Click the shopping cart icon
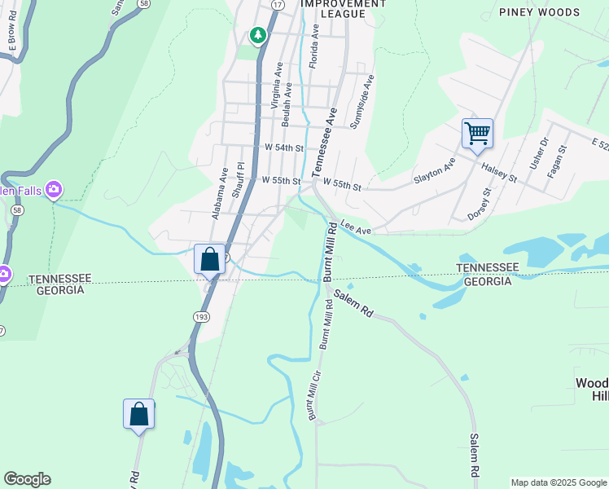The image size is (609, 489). tap(477, 132)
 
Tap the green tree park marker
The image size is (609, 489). tap(258, 34)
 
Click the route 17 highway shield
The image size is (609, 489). tap(278, 5)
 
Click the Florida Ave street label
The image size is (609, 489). tap(313, 46)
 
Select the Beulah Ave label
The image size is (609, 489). tap(287, 108)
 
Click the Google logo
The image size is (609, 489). tap(27, 479)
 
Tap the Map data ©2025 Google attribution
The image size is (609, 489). tap(558, 482)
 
